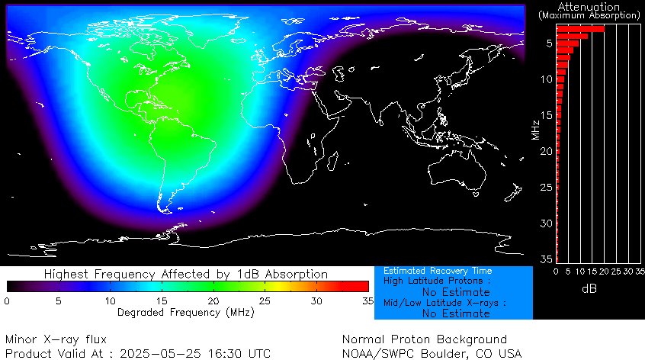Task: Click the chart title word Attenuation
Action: coord(588,6)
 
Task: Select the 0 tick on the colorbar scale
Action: coord(7,301)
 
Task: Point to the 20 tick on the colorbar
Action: coord(213,301)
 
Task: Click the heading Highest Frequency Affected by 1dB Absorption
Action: coord(186,274)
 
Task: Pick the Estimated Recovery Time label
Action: coord(437,271)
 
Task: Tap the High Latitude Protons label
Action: coord(437,281)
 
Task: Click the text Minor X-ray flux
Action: coord(56,339)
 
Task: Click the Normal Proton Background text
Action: coord(424,339)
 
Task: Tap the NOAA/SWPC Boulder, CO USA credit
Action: coord(432,354)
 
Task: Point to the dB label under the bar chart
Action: coord(589,289)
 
